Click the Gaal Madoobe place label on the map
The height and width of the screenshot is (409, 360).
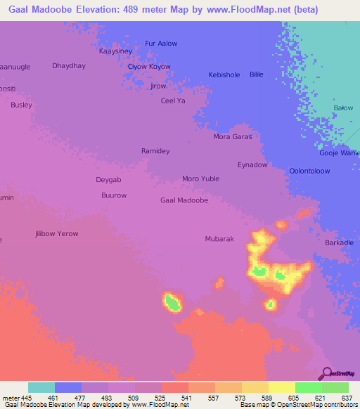pyautogui.click(x=184, y=200)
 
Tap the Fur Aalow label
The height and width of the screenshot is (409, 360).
pyautogui.click(x=160, y=44)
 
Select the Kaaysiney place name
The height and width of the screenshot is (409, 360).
pyautogui.click(x=115, y=51)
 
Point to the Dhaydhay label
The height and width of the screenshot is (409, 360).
pyautogui.click(x=68, y=65)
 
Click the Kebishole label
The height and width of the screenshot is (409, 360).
pyautogui.click(x=224, y=74)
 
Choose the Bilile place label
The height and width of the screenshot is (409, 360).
pyautogui.click(x=257, y=74)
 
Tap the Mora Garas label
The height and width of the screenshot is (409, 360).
pyautogui.click(x=232, y=137)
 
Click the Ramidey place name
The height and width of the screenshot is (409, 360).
pyautogui.click(x=155, y=151)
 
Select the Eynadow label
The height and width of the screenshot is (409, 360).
pyautogui.click(x=252, y=165)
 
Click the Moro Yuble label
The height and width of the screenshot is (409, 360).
pyautogui.click(x=201, y=178)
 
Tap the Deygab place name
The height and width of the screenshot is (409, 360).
pyautogui.click(x=109, y=179)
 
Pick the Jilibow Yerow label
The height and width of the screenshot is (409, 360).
pyautogui.click(x=57, y=233)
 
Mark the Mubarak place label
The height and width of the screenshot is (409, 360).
pyautogui.click(x=219, y=239)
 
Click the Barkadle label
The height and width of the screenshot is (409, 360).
pyautogui.click(x=340, y=242)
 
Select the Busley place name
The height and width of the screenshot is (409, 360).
pyautogui.click(x=21, y=105)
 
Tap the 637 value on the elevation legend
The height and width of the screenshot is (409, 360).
pyautogui.click(x=347, y=398)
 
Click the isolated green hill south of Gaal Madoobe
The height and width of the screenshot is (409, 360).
pyautogui.click(x=172, y=303)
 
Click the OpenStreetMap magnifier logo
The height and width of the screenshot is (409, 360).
pyautogui.click(x=326, y=373)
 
